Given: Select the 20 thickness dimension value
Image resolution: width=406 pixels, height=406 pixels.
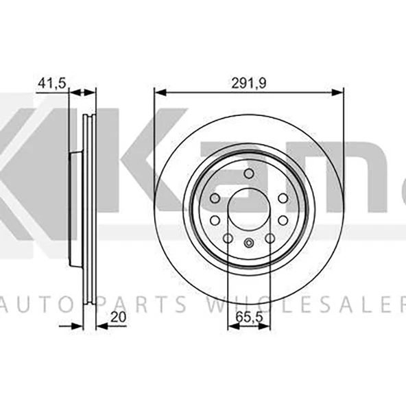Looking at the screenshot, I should click(x=118, y=318).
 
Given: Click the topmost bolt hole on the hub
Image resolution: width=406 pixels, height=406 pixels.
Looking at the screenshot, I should click(x=248, y=173).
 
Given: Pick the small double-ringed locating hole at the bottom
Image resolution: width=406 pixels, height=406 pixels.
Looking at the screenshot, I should click(x=249, y=243).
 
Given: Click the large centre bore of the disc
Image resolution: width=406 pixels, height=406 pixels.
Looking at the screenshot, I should click(x=248, y=210).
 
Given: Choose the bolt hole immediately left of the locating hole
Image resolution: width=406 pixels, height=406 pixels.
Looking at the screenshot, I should click(x=228, y=238).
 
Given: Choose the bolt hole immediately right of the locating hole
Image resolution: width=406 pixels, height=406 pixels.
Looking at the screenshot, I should click(x=270, y=238).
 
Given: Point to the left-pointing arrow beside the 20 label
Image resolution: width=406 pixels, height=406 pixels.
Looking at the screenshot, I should click(x=103, y=327).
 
